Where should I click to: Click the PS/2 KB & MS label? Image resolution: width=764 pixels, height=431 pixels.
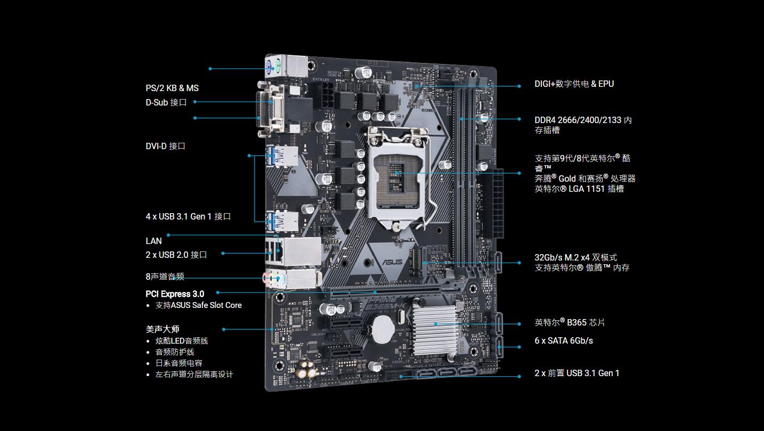172,88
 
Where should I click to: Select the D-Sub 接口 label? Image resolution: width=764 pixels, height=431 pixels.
166,102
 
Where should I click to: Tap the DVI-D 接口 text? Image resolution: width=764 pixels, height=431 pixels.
165,146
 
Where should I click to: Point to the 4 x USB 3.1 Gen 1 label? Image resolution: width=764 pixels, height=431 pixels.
188,216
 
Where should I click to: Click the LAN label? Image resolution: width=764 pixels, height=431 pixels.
153,241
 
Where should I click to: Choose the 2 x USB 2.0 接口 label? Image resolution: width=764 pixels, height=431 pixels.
176,255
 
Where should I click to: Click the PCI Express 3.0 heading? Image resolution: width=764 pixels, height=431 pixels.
175,294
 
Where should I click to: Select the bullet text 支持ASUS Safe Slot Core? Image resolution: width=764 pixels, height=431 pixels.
199,305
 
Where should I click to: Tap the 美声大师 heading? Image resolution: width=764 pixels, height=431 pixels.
162,329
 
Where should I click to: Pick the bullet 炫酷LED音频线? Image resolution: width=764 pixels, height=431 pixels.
182,340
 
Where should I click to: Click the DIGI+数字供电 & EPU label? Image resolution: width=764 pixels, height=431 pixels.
574,84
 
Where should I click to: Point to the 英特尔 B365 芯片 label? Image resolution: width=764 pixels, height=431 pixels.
570,322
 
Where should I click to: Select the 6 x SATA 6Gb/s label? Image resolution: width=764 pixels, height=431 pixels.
564,340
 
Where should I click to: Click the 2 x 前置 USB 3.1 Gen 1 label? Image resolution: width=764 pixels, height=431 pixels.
577,373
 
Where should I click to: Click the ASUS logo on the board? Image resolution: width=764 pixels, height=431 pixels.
392,262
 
